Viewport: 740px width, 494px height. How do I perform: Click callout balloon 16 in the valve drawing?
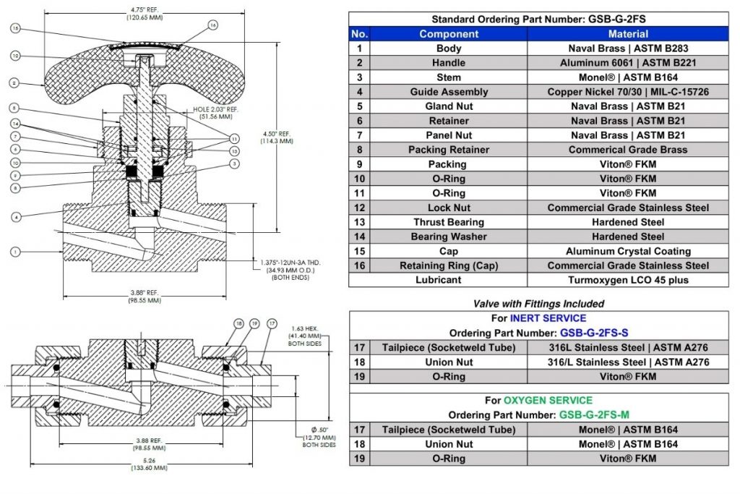[x=212, y=25]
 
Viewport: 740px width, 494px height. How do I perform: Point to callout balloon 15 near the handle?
[x=16, y=28]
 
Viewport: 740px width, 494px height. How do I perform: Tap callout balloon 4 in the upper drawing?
[x=16, y=216]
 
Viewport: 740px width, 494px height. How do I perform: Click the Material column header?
[x=628, y=34]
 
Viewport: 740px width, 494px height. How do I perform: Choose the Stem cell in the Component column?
[x=449, y=77]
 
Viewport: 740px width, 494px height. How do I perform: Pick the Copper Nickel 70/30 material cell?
[x=628, y=92]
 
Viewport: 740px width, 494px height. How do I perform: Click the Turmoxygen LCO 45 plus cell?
[x=628, y=280]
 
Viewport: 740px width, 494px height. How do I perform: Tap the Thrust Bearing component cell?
[x=449, y=222]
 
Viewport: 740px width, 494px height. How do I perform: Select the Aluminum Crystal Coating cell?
[x=628, y=251]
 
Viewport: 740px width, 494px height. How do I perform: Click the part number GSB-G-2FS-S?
[x=593, y=333]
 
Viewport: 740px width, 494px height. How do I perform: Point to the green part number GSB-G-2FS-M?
[x=593, y=415]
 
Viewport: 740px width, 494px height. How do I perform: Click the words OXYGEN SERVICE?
[x=548, y=401]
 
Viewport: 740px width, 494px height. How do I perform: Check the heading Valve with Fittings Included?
[x=538, y=304]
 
